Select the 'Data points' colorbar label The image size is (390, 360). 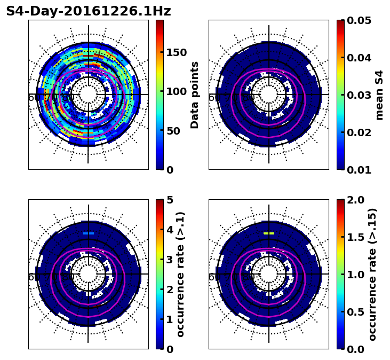pos(195,95)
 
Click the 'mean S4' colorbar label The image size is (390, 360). pos(379,95)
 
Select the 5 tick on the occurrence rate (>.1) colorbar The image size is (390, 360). pos(170,200)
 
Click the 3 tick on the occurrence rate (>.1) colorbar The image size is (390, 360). pos(170,260)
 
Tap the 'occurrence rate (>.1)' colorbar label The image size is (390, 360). pos(181,274)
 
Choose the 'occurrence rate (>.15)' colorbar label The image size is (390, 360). pos(372,274)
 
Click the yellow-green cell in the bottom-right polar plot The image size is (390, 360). pos(269,233)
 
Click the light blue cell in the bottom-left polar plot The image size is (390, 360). pos(89,233)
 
